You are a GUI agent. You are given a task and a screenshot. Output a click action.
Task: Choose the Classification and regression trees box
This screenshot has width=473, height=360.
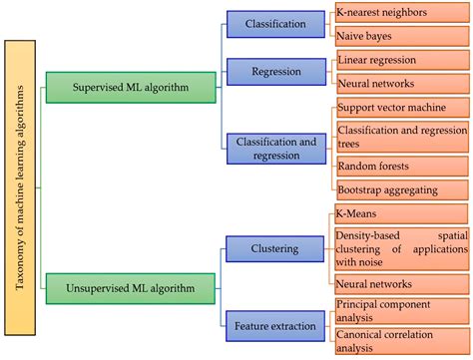point(399,136)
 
